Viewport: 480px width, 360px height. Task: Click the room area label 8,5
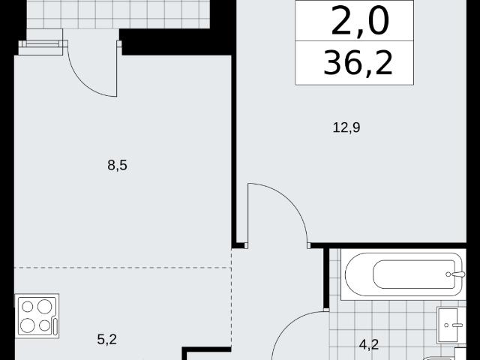(117, 166)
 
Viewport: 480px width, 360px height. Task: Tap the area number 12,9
(346, 127)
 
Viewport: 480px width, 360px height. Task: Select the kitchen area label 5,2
(106, 340)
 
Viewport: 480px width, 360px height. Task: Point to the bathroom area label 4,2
(369, 345)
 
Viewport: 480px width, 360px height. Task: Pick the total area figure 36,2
(358, 63)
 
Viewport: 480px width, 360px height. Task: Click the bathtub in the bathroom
(403, 274)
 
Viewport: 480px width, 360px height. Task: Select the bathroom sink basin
(451, 325)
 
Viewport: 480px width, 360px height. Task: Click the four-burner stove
(37, 316)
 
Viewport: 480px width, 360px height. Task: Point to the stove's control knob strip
(55, 326)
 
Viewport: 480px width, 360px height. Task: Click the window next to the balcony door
(43, 44)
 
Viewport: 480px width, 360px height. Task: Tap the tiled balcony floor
(118, 14)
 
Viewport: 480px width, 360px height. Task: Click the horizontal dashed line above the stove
(122, 268)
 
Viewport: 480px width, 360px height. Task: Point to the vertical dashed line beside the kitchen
(232, 297)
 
